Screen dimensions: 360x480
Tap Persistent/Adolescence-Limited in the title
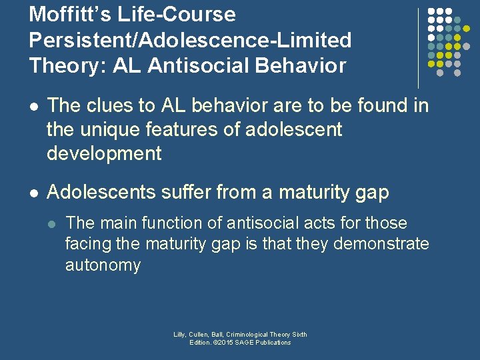(190, 40)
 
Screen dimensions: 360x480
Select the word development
(104, 153)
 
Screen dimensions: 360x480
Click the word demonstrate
(381, 244)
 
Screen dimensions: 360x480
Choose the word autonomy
(103, 265)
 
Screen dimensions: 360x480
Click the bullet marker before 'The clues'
(34, 107)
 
